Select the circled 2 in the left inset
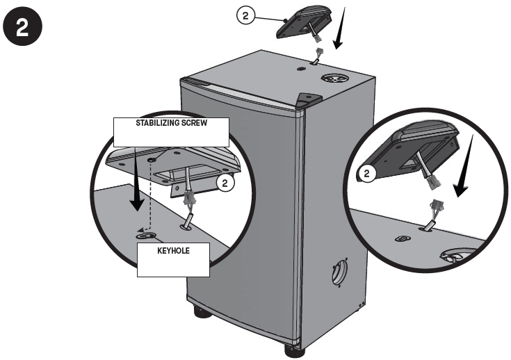tap(224, 183)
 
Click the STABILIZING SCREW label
tap(172, 123)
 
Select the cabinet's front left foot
tap(202, 313)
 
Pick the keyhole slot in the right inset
tap(401, 238)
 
